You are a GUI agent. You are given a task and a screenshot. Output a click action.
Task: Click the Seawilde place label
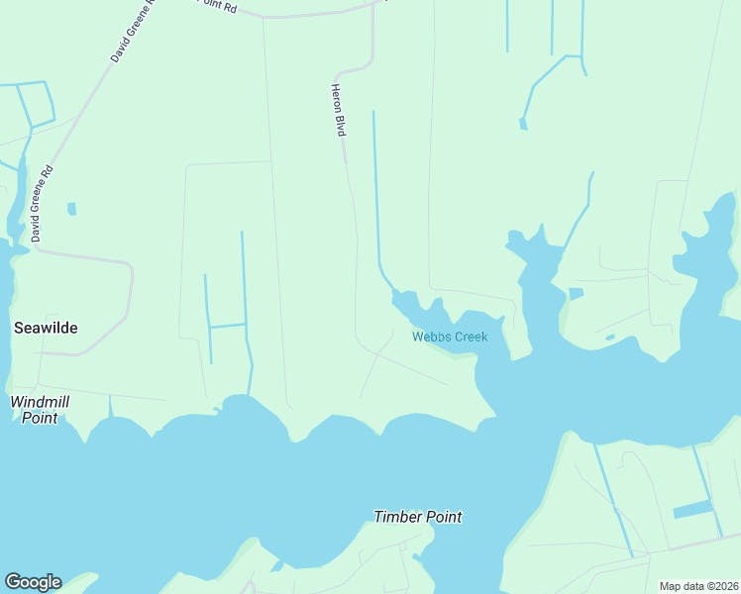coord(45,328)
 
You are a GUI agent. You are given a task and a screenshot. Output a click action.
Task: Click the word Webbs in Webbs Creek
coord(431,337)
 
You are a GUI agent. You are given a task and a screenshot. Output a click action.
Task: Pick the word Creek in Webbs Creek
coord(471,337)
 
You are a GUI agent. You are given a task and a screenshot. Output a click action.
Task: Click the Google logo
coord(33,582)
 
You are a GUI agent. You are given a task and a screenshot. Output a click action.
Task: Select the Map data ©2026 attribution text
coord(699,586)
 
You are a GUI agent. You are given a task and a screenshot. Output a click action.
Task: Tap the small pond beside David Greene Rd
coord(71,209)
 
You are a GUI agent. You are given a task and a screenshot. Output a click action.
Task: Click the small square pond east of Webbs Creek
coord(576,294)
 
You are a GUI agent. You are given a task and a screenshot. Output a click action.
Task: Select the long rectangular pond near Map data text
coord(692,510)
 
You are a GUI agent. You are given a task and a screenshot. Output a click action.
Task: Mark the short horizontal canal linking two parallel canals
coord(227,325)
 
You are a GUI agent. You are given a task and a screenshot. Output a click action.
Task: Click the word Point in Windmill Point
coord(41,418)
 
